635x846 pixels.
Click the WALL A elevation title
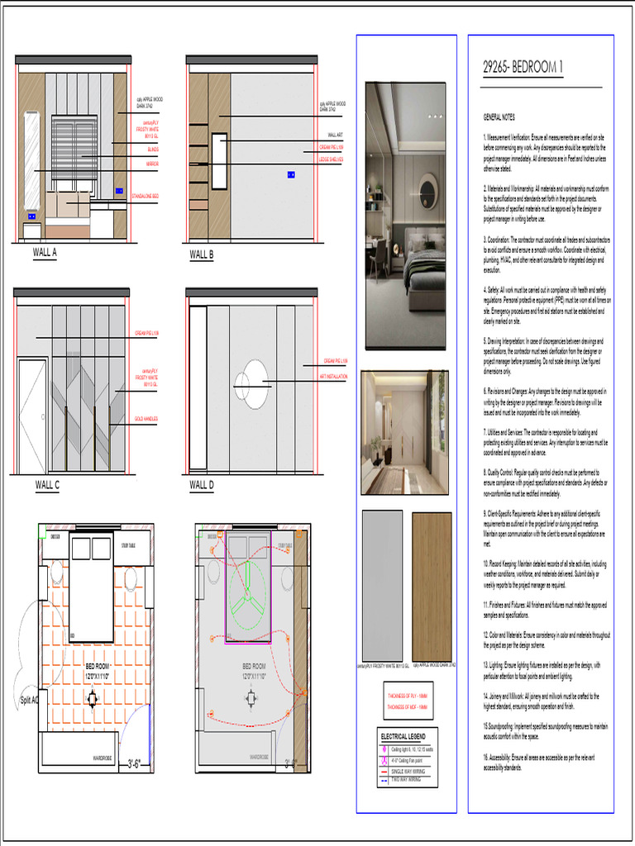pos(45,253)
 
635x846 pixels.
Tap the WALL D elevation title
pos(202,484)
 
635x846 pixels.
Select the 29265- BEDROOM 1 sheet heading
pos(528,69)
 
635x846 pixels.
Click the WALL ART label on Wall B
pos(335,135)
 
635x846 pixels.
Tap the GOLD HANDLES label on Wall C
pos(146,419)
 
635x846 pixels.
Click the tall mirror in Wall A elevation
pos(31,161)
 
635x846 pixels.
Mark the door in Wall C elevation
pos(32,416)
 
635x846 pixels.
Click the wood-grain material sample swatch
pos(432,585)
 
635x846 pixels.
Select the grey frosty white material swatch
pos(382,585)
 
